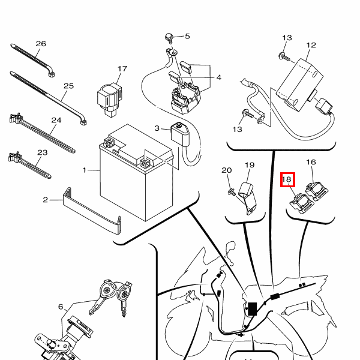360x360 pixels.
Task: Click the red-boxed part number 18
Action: pyautogui.click(x=287, y=179)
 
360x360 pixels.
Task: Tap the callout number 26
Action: pyautogui.click(x=41, y=44)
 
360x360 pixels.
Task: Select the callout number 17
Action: pyautogui.click(x=122, y=69)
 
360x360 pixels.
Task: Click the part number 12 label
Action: pyautogui.click(x=311, y=45)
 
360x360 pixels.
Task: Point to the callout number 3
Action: pyautogui.click(x=157, y=128)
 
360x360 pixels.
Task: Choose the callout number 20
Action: pyautogui.click(x=226, y=170)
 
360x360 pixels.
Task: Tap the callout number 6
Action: pyautogui.click(x=61, y=307)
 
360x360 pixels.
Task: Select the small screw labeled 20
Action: pyautogui.click(x=232, y=192)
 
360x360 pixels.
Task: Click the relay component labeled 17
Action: pyautogui.click(x=109, y=100)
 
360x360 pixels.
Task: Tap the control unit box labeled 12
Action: pyautogui.click(x=299, y=84)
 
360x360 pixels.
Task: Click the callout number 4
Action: pyautogui.click(x=219, y=77)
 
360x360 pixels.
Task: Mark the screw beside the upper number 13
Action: pyautogui.click(x=284, y=57)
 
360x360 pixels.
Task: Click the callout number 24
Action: pyautogui.click(x=56, y=121)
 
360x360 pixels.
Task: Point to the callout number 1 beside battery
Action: pyautogui.click(x=85, y=170)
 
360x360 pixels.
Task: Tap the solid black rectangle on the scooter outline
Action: pyautogui.click(x=253, y=309)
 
